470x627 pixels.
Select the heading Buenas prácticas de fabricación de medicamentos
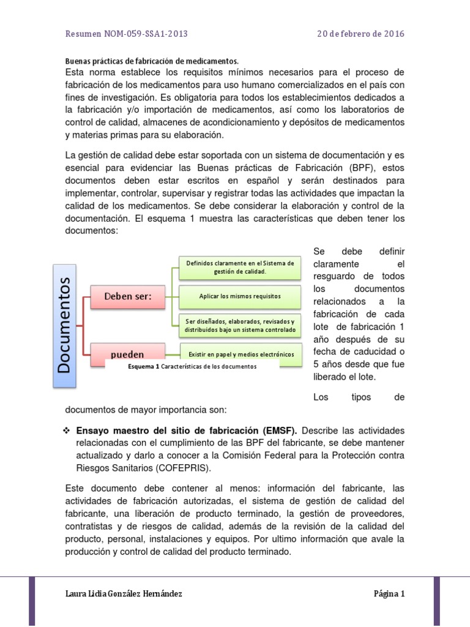coord(151,61)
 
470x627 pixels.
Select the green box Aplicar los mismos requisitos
coord(240,296)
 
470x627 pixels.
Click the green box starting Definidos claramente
coord(240,267)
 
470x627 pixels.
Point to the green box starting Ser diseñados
coord(240,326)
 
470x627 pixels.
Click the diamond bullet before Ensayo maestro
coord(68,430)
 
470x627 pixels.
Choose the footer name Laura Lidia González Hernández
coord(123,593)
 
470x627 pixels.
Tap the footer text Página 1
coord(389,593)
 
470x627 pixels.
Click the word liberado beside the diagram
coord(334,377)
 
